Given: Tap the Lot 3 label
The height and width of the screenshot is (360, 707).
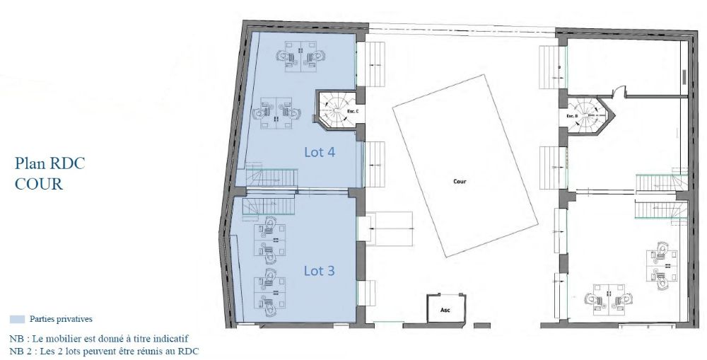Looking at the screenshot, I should click(320, 270).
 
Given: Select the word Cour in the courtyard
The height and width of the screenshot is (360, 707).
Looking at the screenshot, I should click(460, 181).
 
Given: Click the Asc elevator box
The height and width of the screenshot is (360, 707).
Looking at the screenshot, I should click(445, 309).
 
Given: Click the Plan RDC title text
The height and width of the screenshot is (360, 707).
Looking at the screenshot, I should click(49, 164).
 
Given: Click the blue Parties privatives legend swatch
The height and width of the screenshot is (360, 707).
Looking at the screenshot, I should click(17, 320).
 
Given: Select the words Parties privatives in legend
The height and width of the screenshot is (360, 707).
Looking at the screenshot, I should click(62, 320).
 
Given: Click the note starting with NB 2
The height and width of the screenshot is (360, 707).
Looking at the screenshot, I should click(104, 351).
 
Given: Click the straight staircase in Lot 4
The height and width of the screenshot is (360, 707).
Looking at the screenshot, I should click(271, 178).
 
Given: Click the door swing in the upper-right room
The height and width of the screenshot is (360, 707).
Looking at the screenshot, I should click(619, 90).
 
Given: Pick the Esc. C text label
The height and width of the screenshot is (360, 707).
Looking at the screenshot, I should click(351, 112).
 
